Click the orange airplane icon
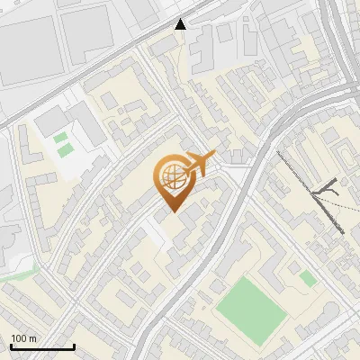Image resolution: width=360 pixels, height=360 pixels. tap(199, 165)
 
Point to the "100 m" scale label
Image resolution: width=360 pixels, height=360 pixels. tap(23, 337)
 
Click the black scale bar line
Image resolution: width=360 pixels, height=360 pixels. tap(42, 346)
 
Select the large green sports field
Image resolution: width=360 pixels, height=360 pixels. tap(251, 307)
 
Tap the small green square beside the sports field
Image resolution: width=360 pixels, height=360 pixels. tap(307, 279)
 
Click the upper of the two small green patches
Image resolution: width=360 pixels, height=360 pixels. tap(60, 139)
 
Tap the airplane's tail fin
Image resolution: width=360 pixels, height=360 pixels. tap(212, 156)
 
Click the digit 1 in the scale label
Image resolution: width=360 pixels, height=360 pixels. tap(13, 337)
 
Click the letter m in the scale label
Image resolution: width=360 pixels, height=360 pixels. tap(33, 337)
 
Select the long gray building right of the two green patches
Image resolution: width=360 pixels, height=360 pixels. tap(90, 125)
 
